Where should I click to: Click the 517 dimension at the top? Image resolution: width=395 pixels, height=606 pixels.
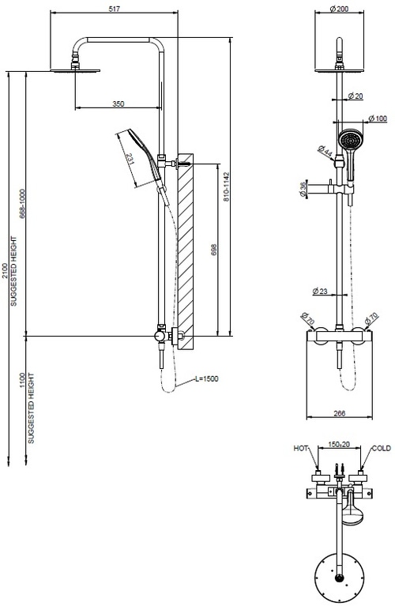click(116, 9)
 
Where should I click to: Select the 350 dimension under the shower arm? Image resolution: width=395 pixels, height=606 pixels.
click(118, 104)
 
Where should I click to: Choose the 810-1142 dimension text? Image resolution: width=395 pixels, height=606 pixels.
click(227, 187)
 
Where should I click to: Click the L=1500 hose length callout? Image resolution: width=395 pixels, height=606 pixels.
click(206, 379)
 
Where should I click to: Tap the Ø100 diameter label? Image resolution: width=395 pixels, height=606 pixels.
click(378, 119)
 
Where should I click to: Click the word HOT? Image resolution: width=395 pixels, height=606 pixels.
click(300, 448)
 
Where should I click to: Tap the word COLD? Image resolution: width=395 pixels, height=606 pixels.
click(382, 448)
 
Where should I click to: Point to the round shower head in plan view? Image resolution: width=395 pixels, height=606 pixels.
click(337, 572)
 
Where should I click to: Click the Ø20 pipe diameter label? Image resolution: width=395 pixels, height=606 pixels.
click(356, 96)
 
